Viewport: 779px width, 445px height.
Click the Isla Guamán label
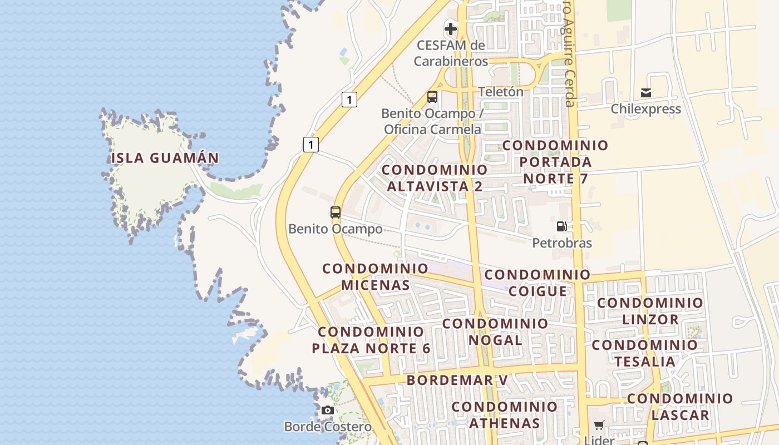click(x=165, y=158)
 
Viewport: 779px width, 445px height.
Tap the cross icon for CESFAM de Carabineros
click(x=451, y=28)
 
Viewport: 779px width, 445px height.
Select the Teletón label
click(x=501, y=92)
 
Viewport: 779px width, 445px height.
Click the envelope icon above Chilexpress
click(x=646, y=92)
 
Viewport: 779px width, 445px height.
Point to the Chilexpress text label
click(x=645, y=109)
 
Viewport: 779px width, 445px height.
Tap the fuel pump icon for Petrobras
click(x=562, y=226)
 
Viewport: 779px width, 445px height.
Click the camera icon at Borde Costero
click(x=328, y=411)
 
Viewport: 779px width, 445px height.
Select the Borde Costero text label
click(x=328, y=427)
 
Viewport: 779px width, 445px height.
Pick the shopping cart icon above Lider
click(x=599, y=426)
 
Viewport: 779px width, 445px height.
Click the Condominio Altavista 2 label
click(x=435, y=178)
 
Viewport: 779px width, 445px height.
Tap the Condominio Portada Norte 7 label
click(x=555, y=162)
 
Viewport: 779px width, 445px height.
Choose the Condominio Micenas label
click(x=376, y=277)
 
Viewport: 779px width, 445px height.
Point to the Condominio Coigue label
click(x=538, y=283)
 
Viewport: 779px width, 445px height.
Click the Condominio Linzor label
click(x=650, y=311)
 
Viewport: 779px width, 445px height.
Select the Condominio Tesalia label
click(x=644, y=353)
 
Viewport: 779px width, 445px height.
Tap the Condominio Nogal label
click(x=495, y=332)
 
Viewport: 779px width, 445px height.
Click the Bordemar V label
click(x=457, y=380)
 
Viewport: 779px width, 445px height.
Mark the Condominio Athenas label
click(x=504, y=414)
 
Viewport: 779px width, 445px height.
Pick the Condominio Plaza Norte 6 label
click(x=371, y=340)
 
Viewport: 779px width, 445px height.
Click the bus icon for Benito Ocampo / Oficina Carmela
click(x=432, y=97)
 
